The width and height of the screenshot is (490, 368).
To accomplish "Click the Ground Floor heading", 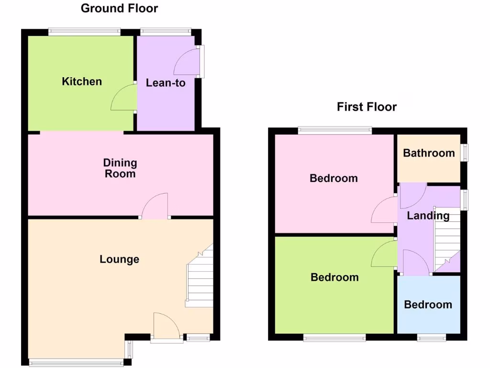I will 119,8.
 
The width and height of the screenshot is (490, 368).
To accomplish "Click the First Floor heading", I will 367,106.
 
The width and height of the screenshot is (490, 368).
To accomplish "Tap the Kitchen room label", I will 82,81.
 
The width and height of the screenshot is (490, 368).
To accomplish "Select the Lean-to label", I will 166,83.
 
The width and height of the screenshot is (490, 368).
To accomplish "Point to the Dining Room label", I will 120,168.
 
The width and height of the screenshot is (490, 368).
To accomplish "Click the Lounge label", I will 120,259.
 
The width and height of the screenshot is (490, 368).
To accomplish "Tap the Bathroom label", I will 429,153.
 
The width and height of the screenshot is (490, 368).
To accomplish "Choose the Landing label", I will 428,216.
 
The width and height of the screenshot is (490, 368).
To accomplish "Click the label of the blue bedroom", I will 428,305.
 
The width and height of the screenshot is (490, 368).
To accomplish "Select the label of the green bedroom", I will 334,277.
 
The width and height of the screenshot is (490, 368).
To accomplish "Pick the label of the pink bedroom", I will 334,178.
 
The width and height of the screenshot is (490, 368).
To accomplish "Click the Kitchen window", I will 84,32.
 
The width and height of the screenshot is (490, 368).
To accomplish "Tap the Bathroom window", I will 464,152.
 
